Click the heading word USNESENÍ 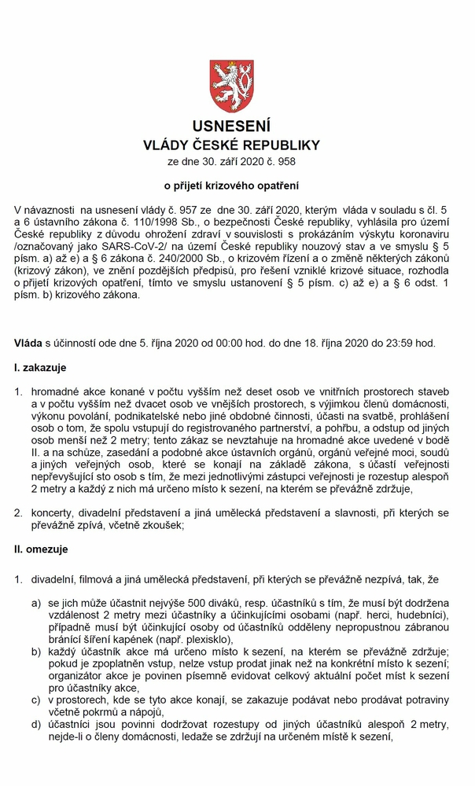pyautogui.click(x=237, y=127)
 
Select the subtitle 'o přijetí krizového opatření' pyautogui.click(x=237, y=186)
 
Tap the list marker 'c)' pyautogui.click(x=36, y=700)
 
